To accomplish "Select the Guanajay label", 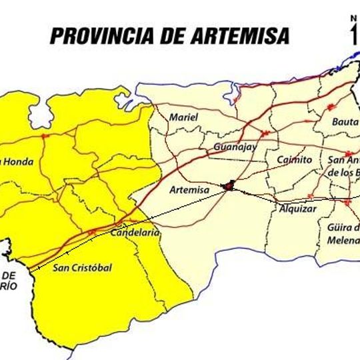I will pyautogui.click(x=235, y=147).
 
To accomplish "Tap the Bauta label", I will pyautogui.click(x=345, y=122).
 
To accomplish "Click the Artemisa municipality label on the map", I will pyautogui.click(x=190, y=191).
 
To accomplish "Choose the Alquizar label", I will pyautogui.click(x=297, y=209).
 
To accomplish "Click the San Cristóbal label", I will pyautogui.click(x=82, y=268).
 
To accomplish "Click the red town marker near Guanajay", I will pyautogui.click(x=266, y=133).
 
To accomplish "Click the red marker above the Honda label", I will pyautogui.click(x=45, y=136).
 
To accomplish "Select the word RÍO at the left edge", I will pyautogui.click(x=8, y=285).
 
